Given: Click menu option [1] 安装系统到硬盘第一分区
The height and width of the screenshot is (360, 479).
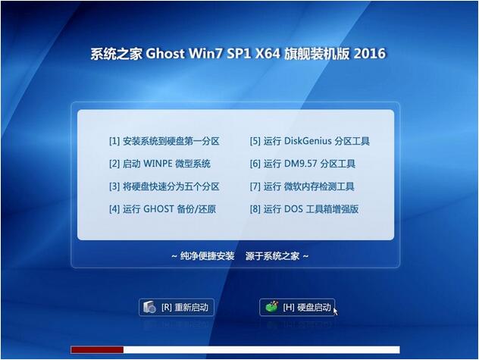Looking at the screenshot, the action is (164, 141).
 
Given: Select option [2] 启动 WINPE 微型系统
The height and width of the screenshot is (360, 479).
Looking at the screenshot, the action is (160, 164).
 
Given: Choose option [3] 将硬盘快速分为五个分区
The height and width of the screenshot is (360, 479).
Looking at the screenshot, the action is (164, 186).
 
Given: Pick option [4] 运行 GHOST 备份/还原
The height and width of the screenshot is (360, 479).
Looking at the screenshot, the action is (162, 209).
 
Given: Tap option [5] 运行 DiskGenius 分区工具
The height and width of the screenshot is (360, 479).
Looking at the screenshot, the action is (310, 141).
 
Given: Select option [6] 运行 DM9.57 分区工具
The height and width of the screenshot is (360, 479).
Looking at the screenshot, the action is (302, 164).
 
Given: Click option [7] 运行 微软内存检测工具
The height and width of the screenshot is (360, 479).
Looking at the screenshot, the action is (302, 186).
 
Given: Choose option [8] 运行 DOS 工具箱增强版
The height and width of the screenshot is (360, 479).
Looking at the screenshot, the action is (304, 209).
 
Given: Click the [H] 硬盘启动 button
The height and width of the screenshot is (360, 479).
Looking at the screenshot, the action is (297, 307).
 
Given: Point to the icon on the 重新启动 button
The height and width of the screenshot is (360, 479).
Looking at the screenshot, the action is (150, 307).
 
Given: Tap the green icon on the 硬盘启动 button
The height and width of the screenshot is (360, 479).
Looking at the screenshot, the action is (271, 306).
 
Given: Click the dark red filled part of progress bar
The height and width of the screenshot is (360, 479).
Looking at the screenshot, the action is (97, 349).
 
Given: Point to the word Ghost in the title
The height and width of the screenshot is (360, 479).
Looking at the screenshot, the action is (165, 54).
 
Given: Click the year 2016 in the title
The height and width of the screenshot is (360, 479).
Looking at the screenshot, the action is (370, 54).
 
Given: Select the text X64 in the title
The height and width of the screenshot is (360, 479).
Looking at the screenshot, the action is (268, 54).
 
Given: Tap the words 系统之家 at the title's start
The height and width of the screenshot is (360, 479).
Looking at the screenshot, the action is (117, 54).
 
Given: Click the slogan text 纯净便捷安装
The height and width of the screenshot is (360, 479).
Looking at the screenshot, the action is (207, 256).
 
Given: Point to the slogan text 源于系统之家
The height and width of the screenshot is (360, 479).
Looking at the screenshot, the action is (272, 256).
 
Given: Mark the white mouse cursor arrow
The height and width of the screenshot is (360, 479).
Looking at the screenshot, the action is (335, 311).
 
